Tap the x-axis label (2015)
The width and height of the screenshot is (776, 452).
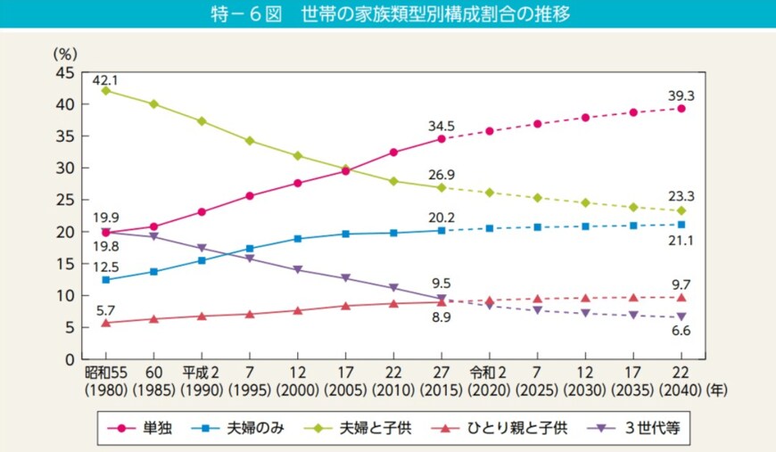(441, 390)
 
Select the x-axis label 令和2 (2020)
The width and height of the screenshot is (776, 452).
(489, 382)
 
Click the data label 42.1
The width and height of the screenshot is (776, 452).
(105, 78)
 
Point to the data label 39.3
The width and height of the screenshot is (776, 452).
(681, 95)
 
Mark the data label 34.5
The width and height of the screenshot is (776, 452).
(441, 125)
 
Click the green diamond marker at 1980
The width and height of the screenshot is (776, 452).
(106, 91)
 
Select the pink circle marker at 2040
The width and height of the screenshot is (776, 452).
(681, 109)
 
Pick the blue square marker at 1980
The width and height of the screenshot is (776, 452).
(106, 280)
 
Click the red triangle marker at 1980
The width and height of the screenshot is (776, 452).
(106, 323)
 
